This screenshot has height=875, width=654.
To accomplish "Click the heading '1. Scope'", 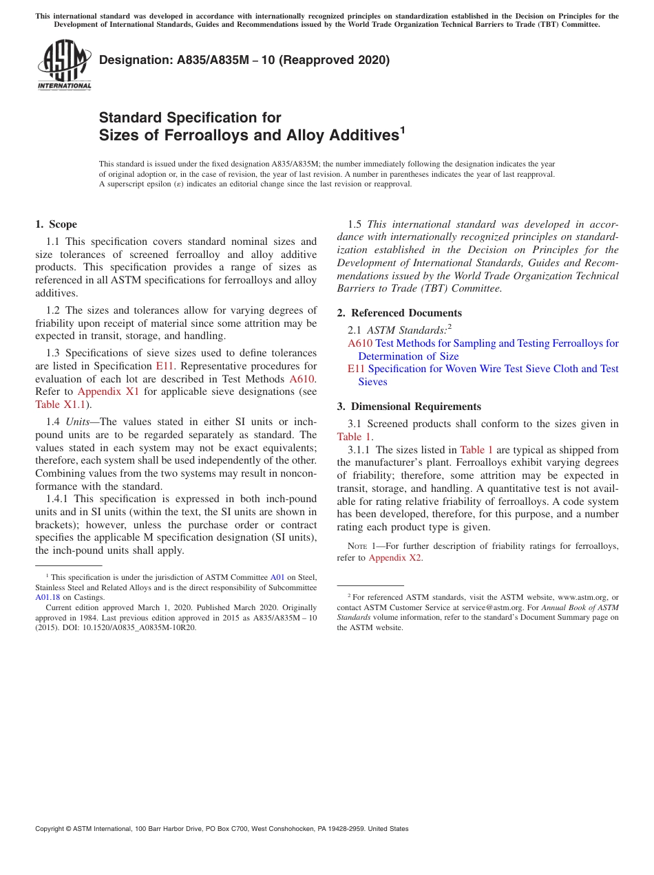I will click(56, 224).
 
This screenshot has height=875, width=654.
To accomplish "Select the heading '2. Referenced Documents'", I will click(399, 313).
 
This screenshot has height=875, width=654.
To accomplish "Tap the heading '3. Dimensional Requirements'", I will click(409, 407).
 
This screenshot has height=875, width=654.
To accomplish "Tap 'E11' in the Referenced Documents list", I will click(356, 369).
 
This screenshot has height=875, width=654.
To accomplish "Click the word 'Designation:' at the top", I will click(130, 60).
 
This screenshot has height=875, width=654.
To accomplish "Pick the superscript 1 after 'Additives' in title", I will click(403, 130).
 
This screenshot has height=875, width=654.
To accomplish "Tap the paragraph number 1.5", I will click(355, 224).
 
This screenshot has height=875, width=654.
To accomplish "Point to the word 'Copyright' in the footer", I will click(52, 829).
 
